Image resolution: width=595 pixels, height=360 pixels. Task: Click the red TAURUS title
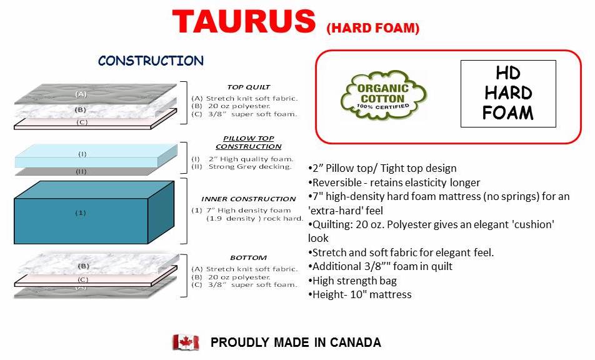[x=244, y=21]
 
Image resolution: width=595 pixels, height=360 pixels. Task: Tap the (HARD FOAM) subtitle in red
[x=372, y=28]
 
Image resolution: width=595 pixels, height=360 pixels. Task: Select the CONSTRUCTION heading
[x=151, y=61]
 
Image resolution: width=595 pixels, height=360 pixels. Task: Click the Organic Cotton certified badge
[x=384, y=96]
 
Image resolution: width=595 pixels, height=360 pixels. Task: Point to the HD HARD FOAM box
[x=508, y=93]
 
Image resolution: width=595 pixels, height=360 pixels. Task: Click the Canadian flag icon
[x=186, y=342]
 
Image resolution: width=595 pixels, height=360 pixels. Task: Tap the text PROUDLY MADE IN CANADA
[x=296, y=342]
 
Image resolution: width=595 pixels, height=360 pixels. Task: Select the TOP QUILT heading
[x=249, y=87]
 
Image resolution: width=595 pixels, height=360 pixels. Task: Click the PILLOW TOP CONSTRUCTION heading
[x=249, y=142]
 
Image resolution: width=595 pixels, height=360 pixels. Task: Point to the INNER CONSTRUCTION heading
[x=249, y=199]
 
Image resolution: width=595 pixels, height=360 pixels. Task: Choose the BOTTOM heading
[x=249, y=258]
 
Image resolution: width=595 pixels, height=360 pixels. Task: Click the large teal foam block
[x=94, y=212]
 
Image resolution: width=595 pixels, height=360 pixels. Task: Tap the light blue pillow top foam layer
[x=96, y=156]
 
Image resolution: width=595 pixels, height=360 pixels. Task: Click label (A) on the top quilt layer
[x=81, y=94]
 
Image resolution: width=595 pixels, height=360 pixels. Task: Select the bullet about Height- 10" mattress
[x=360, y=295]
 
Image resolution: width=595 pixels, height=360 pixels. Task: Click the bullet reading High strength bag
[x=352, y=281]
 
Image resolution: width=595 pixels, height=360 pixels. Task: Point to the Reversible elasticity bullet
[x=394, y=183]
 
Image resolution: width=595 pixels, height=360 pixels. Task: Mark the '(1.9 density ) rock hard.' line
[x=254, y=219]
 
